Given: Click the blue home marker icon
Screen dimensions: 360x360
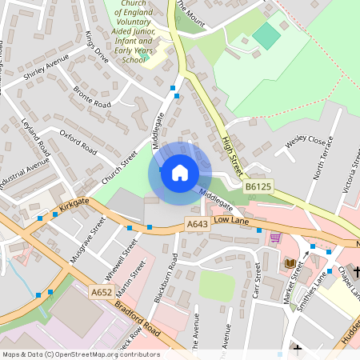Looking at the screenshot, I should [180, 173].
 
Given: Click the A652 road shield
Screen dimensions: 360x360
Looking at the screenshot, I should [101, 293].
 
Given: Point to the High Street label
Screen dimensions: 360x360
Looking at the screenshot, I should [235, 149].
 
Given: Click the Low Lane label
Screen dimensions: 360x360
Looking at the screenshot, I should [233, 220].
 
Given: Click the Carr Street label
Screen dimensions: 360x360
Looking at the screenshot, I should [257, 282].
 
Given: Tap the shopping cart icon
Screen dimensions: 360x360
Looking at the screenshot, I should [276, 238].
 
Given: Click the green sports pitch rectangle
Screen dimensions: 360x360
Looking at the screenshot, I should [267, 35].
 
